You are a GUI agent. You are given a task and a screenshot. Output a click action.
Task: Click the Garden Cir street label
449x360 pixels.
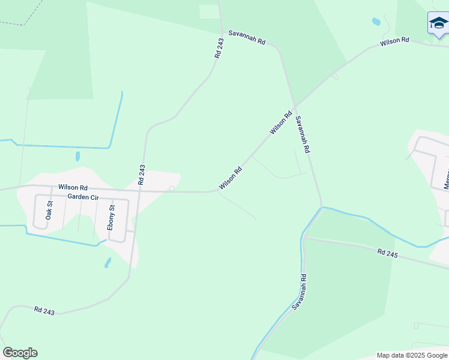coord(83,196)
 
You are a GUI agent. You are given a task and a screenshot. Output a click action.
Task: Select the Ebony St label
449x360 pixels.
coord(110,218)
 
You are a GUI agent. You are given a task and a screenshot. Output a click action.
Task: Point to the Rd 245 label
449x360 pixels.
coord(388,254)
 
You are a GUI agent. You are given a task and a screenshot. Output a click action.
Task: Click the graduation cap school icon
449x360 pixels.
coord(438,23)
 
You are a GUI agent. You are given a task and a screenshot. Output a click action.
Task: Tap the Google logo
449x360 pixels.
coord(20,353)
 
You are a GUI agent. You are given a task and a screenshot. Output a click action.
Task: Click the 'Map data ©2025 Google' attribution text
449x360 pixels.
coord(412,355)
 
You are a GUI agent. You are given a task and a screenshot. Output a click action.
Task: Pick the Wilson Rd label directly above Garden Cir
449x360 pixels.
coord(73,188)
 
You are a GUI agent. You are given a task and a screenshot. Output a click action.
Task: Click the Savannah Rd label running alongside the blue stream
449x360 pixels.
coord(300,292)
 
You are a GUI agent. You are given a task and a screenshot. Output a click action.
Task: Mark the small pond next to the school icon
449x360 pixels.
coord(376,22)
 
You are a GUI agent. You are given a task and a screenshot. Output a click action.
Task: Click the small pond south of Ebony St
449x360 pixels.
coord(107,263)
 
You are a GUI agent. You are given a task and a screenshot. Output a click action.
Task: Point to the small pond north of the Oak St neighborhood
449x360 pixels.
coord(78,157)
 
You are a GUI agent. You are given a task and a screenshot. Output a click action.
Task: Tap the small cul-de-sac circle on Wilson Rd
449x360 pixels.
coord(172,189)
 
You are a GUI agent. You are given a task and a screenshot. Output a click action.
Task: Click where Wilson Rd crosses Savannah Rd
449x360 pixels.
coord(294,107)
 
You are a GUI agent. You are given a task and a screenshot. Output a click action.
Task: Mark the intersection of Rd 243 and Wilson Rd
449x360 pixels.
coord(139,190)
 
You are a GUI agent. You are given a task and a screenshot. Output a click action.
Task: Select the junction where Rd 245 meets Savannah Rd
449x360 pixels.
coord(305,238)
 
